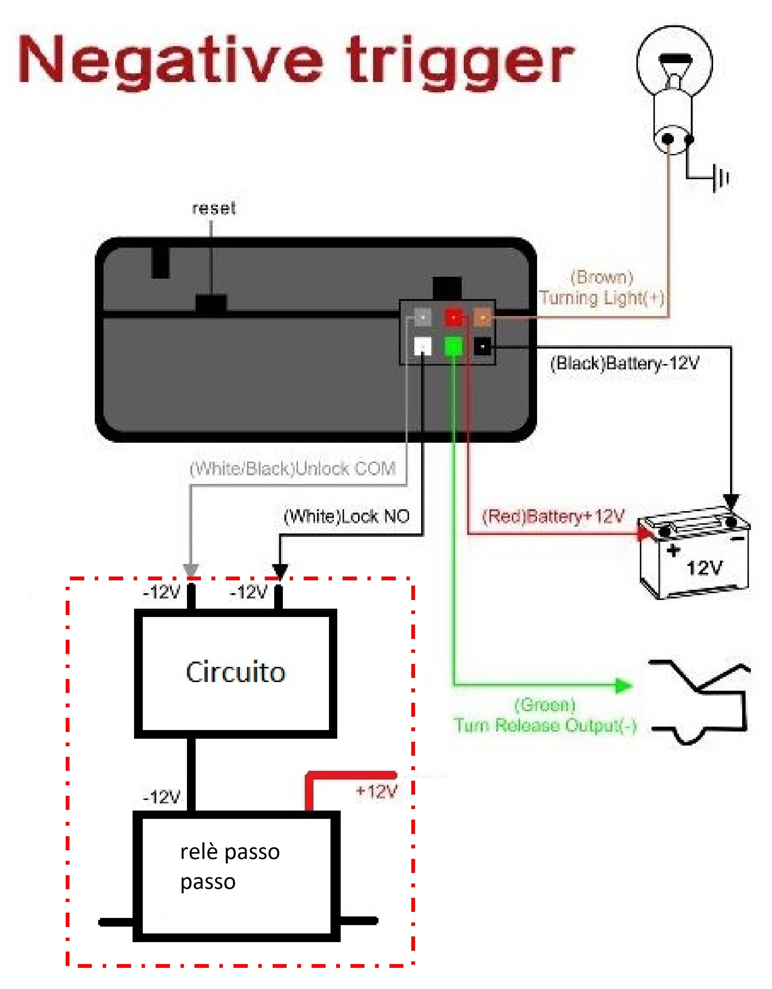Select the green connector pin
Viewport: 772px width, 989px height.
point(454,347)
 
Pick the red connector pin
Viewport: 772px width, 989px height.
point(454,318)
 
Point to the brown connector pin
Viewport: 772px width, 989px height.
point(482,318)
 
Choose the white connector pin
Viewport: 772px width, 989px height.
point(423,347)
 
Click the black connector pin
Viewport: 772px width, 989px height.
point(482,347)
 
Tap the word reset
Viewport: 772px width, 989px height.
point(214,208)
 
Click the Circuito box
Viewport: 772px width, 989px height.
point(235,673)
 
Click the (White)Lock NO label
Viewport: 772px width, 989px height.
point(346,516)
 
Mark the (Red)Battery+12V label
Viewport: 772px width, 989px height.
point(553,516)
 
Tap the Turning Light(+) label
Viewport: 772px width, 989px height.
point(602,298)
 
